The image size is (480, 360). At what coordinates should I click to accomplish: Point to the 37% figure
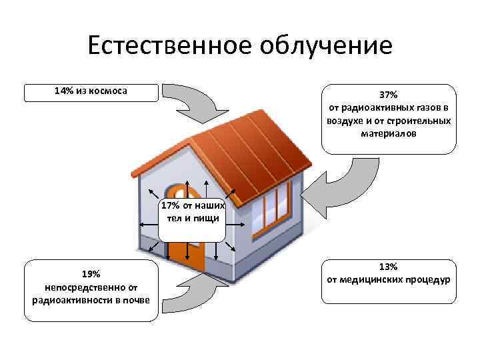tap(388, 94)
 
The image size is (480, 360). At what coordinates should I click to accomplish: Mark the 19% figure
tap(91, 274)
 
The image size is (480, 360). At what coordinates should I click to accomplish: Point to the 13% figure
tap(389, 266)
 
